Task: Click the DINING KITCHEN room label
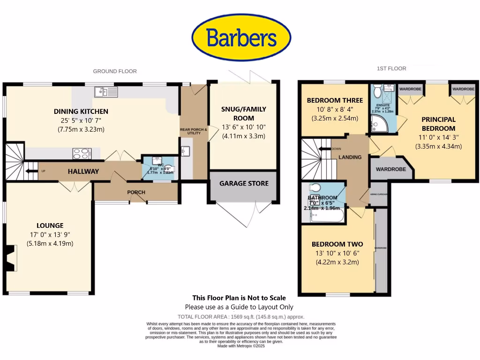tap(81, 112)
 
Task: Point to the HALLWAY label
tap(83, 172)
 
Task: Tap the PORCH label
tap(136, 192)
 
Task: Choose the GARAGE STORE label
tap(244, 183)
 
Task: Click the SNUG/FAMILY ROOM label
tap(243, 113)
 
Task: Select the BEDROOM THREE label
tap(335, 100)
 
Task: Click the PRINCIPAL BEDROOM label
tap(438, 124)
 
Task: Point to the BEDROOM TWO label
tap(337, 244)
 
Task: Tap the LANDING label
tap(350, 157)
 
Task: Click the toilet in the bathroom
tap(315, 188)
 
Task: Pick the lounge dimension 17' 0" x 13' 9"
tap(51, 234)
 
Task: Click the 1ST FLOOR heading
tap(391, 68)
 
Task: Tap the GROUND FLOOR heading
tap(115, 71)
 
